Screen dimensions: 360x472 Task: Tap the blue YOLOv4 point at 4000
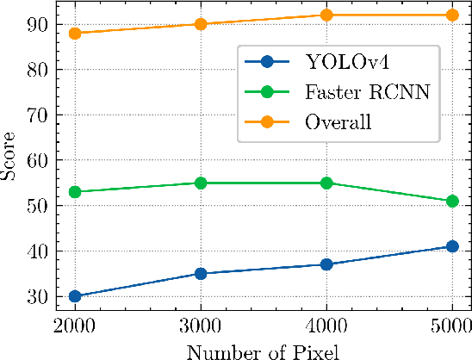tap(326, 264)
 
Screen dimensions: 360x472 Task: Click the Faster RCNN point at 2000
tap(75, 192)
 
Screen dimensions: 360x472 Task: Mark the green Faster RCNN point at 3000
tap(201, 183)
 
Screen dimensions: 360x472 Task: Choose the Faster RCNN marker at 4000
tap(326, 183)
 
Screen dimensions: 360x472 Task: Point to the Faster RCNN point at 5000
tap(452, 201)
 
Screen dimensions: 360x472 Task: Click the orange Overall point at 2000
tap(75, 34)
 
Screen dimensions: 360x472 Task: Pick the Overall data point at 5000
tap(452, 15)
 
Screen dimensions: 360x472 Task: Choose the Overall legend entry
tap(338, 122)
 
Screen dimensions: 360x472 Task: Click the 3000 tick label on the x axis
tap(201, 326)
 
